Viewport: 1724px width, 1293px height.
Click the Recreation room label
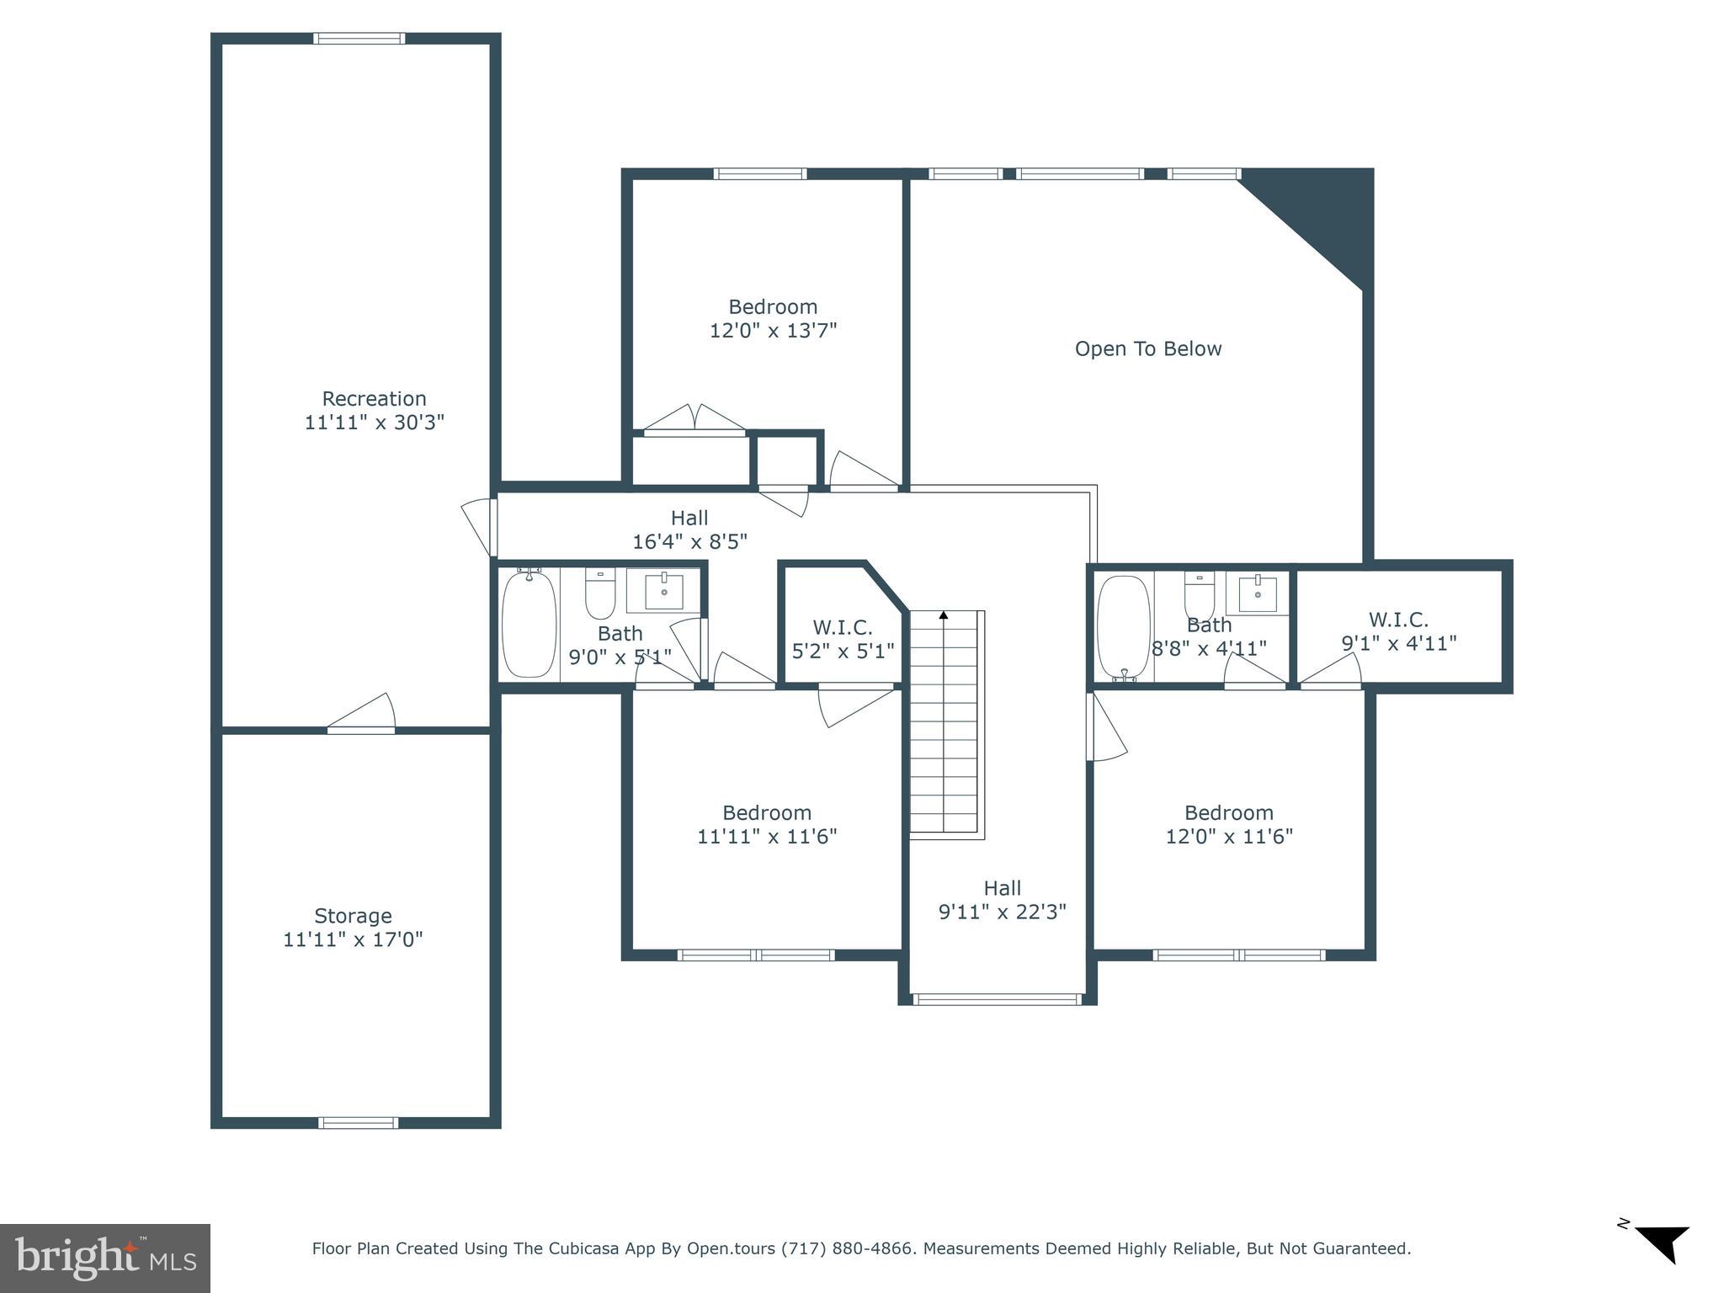point(374,398)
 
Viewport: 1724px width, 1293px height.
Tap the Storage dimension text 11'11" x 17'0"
point(353,939)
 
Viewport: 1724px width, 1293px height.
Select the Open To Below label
point(1147,349)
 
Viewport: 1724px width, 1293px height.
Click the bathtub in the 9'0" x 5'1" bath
point(529,624)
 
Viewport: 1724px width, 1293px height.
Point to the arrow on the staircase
point(944,616)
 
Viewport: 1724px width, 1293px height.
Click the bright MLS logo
point(104,1258)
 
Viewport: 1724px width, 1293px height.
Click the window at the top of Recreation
point(359,38)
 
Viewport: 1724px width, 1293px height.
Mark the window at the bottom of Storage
point(359,1122)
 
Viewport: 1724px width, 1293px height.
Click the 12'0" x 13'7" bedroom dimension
point(773,330)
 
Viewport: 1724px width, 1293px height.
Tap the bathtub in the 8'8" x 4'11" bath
point(1123,627)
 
